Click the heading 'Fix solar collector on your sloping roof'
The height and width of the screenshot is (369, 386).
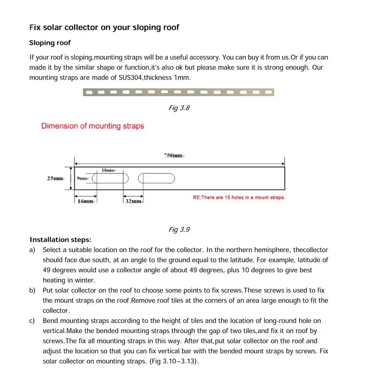coord(104,27)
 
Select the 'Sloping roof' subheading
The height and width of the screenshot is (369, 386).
coord(50,43)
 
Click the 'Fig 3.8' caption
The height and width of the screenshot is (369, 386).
coord(179,108)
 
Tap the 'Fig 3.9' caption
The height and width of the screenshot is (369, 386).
coord(179,229)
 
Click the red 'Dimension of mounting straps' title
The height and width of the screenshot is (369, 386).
coord(93,126)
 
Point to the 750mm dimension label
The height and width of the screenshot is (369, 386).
coord(173,156)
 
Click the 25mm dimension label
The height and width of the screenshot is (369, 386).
coord(56,178)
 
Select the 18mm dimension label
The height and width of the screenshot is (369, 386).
coord(108,170)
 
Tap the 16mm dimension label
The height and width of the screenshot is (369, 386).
coord(86,201)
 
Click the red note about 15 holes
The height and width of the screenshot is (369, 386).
coord(239,197)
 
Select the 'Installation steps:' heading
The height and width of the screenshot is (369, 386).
coord(60,240)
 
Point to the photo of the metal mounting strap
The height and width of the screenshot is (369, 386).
coord(178,92)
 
